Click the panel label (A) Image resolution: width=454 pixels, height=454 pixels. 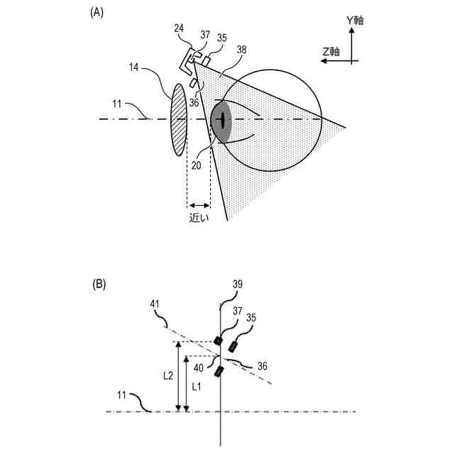97,12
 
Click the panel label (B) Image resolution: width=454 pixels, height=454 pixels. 99,284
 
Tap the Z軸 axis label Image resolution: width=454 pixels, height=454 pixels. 331,52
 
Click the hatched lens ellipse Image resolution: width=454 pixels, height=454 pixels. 177,118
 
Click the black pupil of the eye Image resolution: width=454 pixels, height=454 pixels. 223,121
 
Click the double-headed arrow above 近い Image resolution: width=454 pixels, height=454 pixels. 199,204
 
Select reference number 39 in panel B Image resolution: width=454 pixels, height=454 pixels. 238,284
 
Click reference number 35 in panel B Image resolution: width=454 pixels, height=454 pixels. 250,317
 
